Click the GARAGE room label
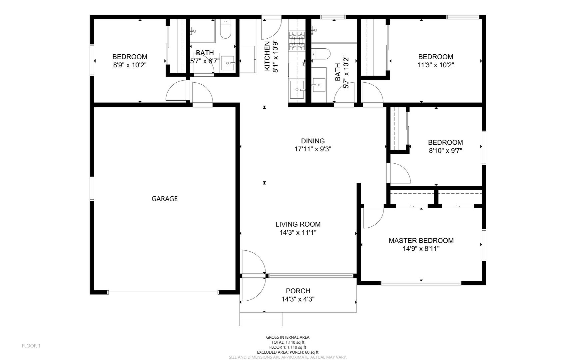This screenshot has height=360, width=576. coord(165,199)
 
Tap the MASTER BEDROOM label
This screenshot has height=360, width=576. coord(421,240)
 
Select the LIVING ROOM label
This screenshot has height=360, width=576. coord(298,224)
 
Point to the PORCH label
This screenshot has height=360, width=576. coord(298,291)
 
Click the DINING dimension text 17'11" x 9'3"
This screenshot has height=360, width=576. coord(312,149)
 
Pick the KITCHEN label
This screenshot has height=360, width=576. coord(267,56)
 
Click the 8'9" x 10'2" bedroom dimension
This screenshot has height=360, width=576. coord(130,65)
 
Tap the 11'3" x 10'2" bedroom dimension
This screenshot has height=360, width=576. coord(435,65)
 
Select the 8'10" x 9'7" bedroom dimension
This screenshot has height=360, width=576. coord(445,150)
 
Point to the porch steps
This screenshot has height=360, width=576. coord(261,319)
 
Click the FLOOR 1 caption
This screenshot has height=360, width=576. coord(31,346)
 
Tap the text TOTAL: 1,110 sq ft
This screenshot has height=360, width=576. coord(288,342)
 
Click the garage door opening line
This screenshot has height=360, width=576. coord(163,292)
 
